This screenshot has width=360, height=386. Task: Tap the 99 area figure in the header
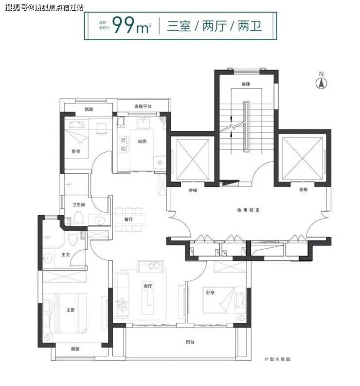point(123,25)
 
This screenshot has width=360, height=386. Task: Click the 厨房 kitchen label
point(142,141)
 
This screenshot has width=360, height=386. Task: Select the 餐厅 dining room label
point(129,220)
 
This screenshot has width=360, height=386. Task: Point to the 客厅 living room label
point(147,286)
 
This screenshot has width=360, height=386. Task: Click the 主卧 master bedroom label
point(71,310)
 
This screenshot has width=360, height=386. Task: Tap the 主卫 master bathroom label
point(66,255)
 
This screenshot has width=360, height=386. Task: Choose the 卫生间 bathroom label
point(78,204)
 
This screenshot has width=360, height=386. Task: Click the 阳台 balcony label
point(190,342)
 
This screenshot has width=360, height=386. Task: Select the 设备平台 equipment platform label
point(143,106)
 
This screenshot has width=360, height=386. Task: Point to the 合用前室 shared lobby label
point(248,210)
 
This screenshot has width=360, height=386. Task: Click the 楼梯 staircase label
point(246,84)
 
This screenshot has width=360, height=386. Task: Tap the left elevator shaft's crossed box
point(193,160)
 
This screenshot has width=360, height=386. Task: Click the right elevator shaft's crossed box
point(303,158)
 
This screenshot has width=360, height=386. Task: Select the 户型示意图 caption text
point(277,359)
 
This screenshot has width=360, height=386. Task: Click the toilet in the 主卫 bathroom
point(73,239)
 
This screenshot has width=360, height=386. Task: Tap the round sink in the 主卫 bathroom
point(47,258)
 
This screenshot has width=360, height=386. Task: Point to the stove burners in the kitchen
point(123,144)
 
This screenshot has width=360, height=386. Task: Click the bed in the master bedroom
point(65,312)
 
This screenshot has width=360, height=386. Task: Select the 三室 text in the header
point(179,26)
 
